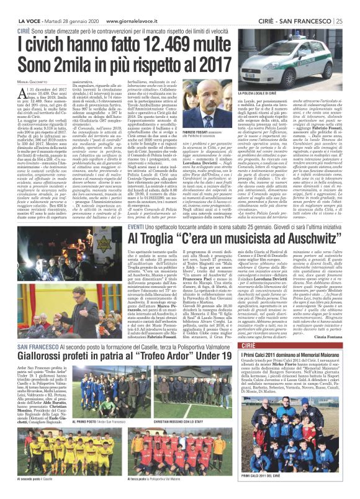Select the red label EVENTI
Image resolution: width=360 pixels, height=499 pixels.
click(119, 210)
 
